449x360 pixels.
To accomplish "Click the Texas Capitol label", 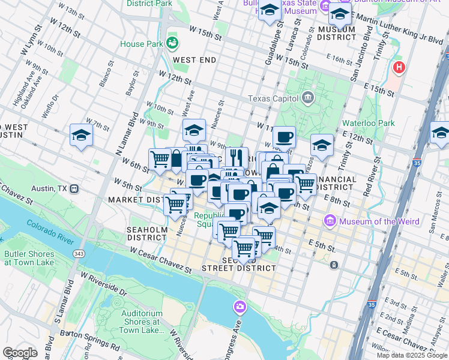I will pos(273,98).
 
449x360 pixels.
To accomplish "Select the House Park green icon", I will pos(173,43).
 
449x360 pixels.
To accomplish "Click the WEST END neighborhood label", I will pos(194,60).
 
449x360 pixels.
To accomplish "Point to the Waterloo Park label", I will pos(368,123).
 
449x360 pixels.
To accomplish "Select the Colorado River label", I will pos(50,233).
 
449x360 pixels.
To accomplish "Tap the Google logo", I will pos(20,352).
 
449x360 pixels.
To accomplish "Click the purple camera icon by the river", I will pos(240,308).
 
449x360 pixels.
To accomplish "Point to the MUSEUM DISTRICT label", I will pos(337,33).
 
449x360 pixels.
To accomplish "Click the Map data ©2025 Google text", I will pos(411,355).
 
